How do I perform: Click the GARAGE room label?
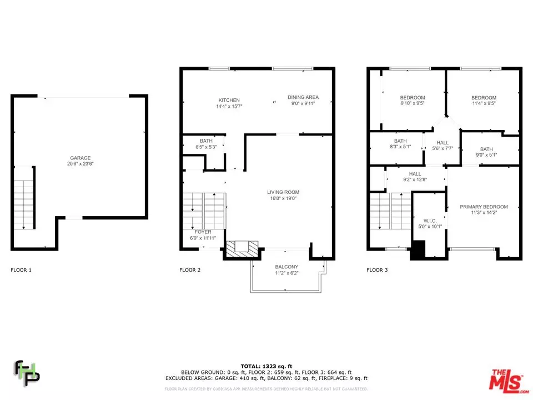click(x=81, y=158)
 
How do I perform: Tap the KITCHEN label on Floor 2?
click(x=229, y=100)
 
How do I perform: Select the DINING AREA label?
click(x=303, y=97)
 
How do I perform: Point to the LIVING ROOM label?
click(x=283, y=192)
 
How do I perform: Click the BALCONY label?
click(x=286, y=267)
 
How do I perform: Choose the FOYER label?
click(x=203, y=232)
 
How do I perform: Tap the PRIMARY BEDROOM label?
click(x=484, y=207)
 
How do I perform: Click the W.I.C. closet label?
click(x=430, y=221)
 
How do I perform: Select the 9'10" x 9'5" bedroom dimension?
click(x=413, y=103)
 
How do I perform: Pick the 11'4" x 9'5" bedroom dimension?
click(x=484, y=103)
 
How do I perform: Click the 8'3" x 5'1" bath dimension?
click(x=400, y=147)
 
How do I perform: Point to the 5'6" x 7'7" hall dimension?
click(x=443, y=148)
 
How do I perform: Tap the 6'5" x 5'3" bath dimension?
click(x=206, y=147)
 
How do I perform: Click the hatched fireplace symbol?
click(x=242, y=248)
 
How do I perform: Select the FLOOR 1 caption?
click(x=21, y=270)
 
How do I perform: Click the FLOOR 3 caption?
click(x=377, y=270)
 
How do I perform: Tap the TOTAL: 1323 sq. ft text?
click(x=266, y=366)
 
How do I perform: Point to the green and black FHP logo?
click(x=27, y=373)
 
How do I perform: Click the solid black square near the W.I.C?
click(x=418, y=249)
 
